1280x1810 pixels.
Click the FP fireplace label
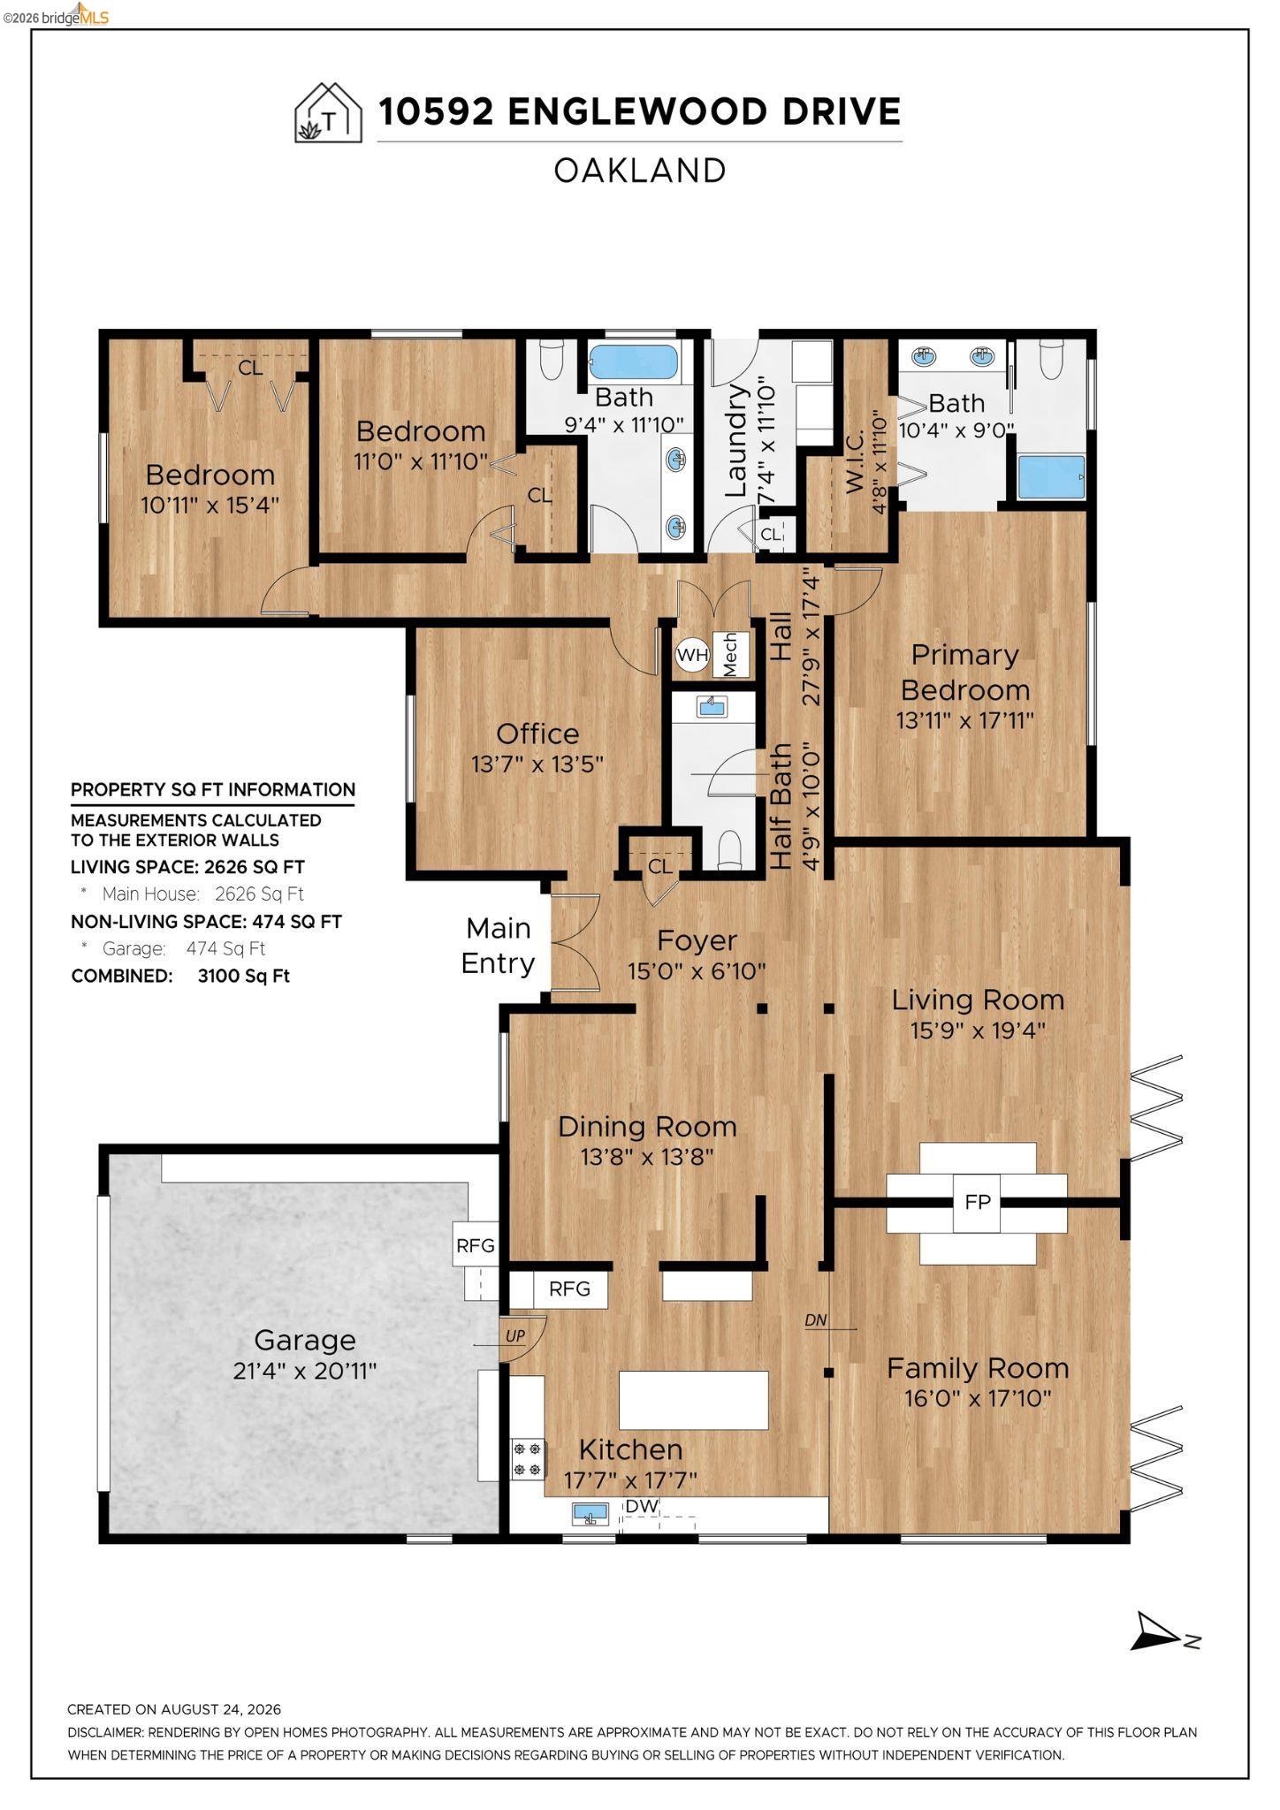[x=977, y=1203]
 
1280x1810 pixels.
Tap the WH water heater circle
[x=692, y=655]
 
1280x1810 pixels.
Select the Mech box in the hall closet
[x=731, y=655]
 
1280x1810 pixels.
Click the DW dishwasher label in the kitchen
[x=643, y=1506]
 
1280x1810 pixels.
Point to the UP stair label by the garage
[x=515, y=1336]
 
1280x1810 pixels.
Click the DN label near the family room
[x=816, y=1320]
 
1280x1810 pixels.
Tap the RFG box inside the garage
[x=476, y=1245]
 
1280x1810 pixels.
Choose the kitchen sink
[x=590, y=1515]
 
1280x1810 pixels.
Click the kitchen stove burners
[x=529, y=1459]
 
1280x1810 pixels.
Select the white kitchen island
[x=693, y=1400]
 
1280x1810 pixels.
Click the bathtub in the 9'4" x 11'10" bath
[x=634, y=362]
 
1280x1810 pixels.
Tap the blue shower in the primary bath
[x=1051, y=477]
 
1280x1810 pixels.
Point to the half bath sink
[x=712, y=706]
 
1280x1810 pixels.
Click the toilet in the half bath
[x=729, y=850]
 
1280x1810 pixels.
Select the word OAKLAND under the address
[x=640, y=171]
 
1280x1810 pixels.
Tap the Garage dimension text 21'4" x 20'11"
[x=304, y=1371]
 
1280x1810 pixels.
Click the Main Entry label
[x=499, y=946]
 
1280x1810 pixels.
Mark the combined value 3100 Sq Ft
[x=244, y=976]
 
